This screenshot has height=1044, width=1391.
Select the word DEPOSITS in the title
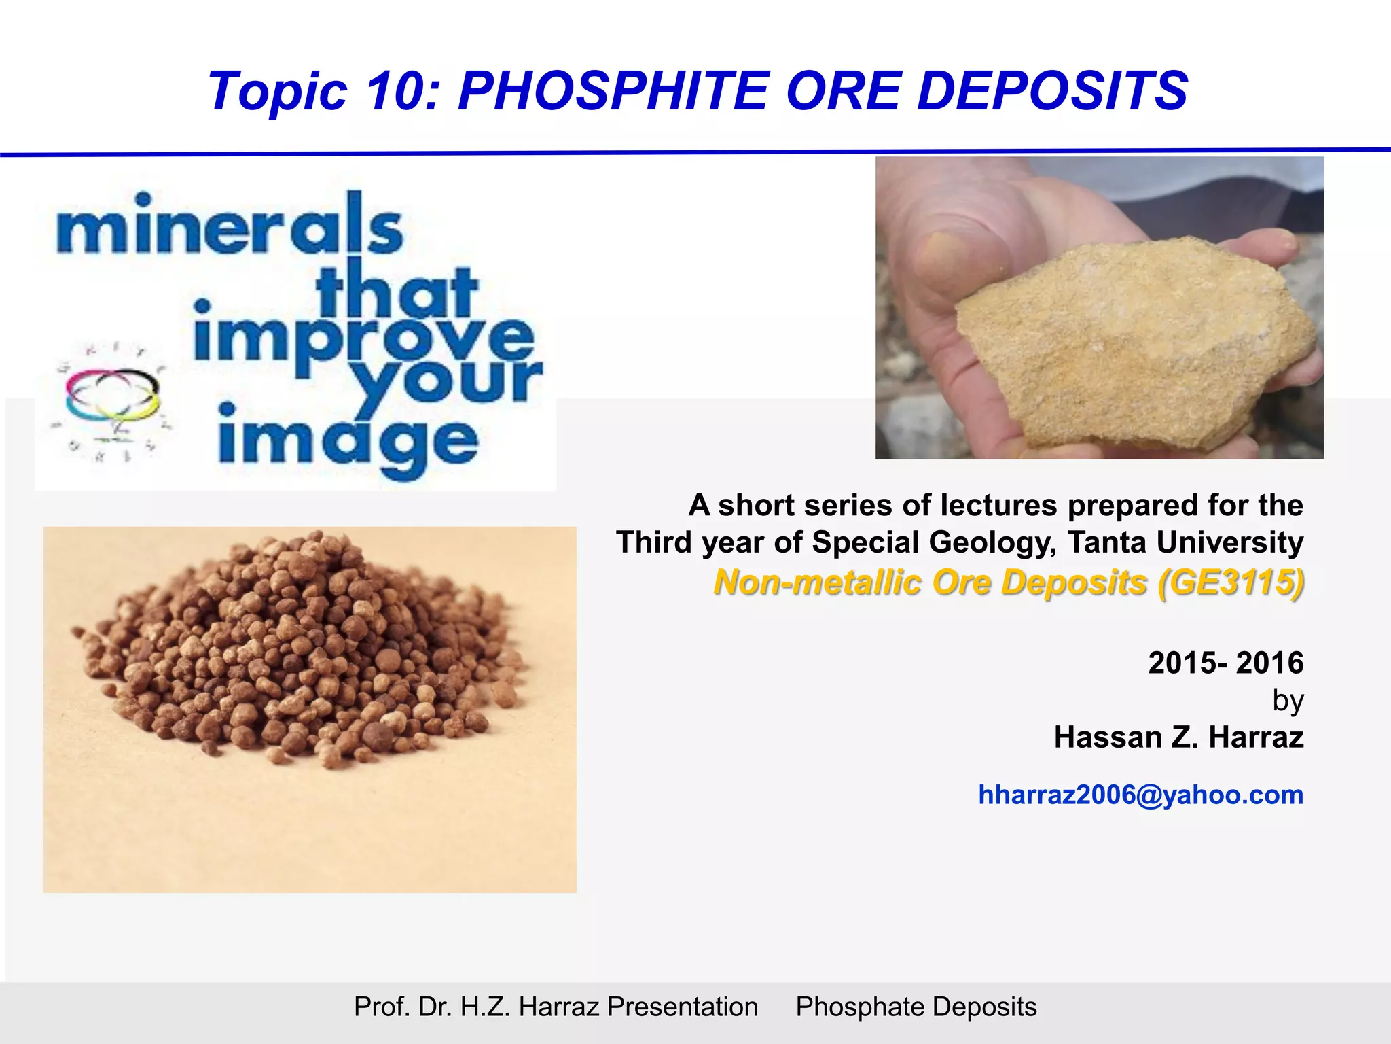click(x=1052, y=91)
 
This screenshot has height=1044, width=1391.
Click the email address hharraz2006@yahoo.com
click(x=1140, y=795)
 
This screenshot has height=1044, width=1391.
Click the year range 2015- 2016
click(x=1225, y=663)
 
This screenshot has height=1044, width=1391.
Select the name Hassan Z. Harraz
click(x=1178, y=737)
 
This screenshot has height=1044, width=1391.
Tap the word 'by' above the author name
click(x=1288, y=700)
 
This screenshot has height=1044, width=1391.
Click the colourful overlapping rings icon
click(x=113, y=394)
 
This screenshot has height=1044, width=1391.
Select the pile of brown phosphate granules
click(x=299, y=652)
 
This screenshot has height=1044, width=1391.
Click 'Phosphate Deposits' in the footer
click(x=916, y=1007)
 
